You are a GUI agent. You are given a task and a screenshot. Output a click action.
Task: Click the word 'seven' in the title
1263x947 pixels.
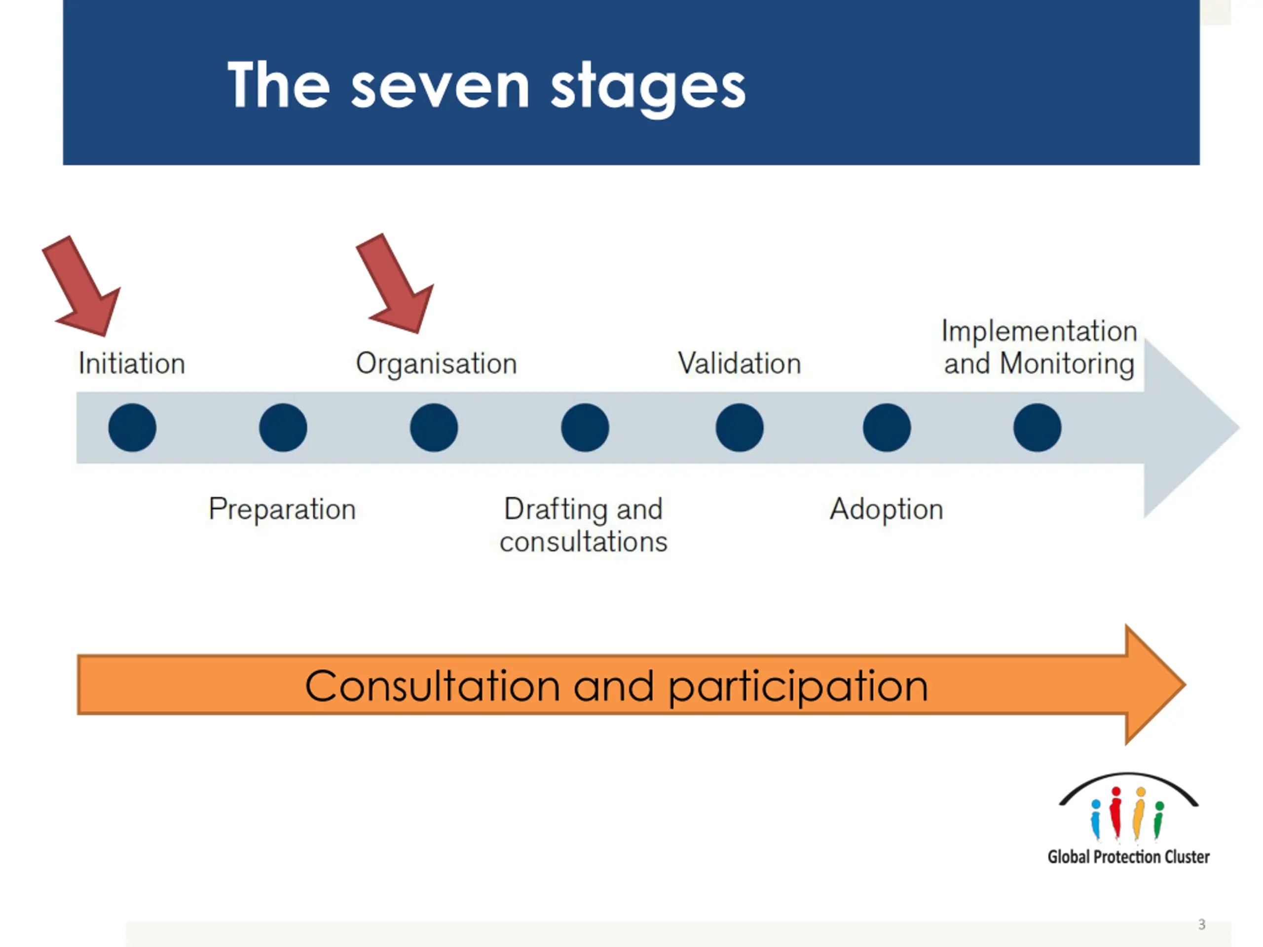(x=440, y=87)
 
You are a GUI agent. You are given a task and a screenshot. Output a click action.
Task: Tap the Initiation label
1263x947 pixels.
(x=132, y=364)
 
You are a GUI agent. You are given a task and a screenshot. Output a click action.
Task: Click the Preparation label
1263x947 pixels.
(x=282, y=509)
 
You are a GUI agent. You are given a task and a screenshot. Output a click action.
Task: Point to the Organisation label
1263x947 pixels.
(x=436, y=364)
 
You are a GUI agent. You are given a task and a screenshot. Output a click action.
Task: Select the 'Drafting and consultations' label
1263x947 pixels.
(x=584, y=525)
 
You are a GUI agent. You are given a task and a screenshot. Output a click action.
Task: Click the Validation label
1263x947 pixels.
(x=740, y=364)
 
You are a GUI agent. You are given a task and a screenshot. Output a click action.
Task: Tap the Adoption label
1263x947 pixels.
(x=886, y=509)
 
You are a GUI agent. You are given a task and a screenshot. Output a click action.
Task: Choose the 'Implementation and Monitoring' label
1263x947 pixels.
(x=1039, y=348)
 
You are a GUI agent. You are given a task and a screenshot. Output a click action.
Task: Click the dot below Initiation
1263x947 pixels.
(x=132, y=428)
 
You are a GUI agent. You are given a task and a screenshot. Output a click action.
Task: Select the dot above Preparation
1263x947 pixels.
(x=283, y=428)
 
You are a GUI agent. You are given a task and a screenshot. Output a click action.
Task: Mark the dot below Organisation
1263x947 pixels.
(x=434, y=428)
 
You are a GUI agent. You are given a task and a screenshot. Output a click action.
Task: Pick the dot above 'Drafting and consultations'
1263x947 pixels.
(x=585, y=428)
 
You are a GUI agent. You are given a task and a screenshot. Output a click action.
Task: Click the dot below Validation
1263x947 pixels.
(x=740, y=428)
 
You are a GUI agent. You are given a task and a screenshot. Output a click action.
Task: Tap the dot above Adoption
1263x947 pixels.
(x=887, y=428)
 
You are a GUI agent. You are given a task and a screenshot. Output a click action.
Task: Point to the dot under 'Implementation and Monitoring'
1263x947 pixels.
(x=1038, y=428)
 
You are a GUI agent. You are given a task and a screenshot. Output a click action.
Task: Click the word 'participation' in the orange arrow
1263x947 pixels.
(x=798, y=687)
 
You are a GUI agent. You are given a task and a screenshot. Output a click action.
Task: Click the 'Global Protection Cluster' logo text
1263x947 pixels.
(x=1128, y=857)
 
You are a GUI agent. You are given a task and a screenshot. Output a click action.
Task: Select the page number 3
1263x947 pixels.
(x=1201, y=924)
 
